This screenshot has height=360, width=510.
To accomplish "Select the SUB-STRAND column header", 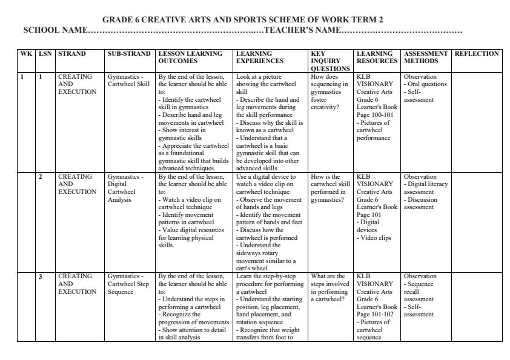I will [x=128, y=53].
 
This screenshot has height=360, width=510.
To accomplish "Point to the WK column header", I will [x=26, y=53].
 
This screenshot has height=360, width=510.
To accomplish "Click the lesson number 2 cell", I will [x=41, y=177].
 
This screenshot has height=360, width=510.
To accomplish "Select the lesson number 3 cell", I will [x=41, y=277].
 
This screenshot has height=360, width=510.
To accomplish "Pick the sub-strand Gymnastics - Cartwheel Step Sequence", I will [x=128, y=284].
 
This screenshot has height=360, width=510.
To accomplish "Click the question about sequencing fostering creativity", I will [x=329, y=92].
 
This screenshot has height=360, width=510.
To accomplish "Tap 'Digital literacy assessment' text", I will [x=427, y=188].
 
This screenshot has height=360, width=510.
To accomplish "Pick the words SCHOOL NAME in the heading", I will [x=55, y=30].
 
